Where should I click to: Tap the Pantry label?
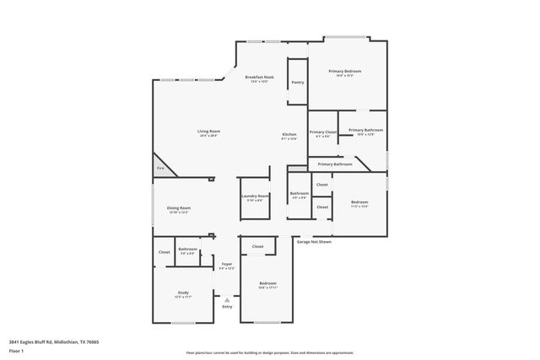[298, 83]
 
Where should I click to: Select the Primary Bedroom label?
[346, 72]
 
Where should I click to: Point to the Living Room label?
[209, 132]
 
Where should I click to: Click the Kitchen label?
[289, 135]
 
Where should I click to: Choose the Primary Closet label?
[323, 132]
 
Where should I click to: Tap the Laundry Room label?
[254, 196]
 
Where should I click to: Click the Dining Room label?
[178, 208]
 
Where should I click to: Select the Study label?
[183, 293]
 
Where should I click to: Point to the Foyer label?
[227, 265]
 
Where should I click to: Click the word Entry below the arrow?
[227, 306]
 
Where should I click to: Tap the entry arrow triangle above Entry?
[227, 298]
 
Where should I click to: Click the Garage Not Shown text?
[313, 241]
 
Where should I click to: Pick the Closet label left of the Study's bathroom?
[165, 252]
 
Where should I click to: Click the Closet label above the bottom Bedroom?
[257, 246]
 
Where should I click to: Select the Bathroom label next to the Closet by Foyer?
[187, 250]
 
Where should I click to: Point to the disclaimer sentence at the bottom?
[269, 352]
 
